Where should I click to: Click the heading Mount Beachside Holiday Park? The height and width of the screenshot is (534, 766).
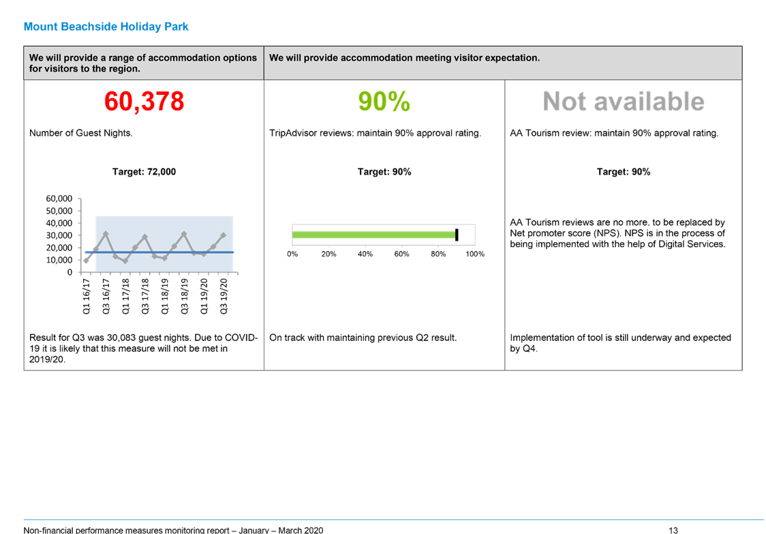coord(106,27)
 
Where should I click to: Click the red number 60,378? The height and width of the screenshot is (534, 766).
coord(144,101)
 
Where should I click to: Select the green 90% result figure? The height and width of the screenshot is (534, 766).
coord(384,101)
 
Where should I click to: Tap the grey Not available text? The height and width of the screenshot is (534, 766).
coord(624,101)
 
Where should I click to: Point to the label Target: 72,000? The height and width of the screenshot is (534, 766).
coord(144,172)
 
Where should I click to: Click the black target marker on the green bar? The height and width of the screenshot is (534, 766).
coord(457,235)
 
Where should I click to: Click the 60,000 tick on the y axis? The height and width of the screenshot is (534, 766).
coord(59,198)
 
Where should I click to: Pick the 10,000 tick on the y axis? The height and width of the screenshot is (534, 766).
coord(59,260)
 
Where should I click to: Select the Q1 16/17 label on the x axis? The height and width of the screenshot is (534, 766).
coord(87,296)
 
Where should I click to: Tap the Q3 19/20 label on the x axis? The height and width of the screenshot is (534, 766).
coord(224,296)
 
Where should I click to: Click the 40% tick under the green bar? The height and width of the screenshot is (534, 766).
coord(365,254)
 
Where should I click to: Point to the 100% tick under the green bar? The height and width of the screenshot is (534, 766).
coord(475,254)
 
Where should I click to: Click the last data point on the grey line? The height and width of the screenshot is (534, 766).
coord(224,235)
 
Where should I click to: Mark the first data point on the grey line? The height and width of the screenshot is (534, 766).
coord(87,261)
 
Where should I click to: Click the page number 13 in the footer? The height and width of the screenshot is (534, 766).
coord(673,530)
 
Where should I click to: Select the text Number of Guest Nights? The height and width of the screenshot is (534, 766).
coord(81,133)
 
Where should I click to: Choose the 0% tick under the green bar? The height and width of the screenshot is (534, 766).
coord(292,254)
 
